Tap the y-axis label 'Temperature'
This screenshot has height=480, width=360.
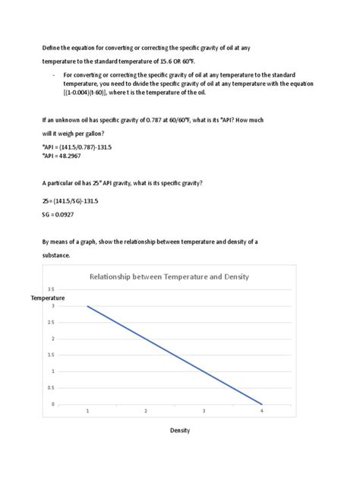(48, 298)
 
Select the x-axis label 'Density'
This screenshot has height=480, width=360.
(179, 431)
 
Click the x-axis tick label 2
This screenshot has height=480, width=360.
(146, 410)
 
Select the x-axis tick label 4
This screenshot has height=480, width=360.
(262, 410)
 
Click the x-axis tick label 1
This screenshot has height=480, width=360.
(87, 410)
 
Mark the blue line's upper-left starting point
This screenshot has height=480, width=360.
(87, 306)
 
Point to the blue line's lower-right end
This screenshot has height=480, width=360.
(262, 404)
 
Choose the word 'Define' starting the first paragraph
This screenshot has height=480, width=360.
(50, 48)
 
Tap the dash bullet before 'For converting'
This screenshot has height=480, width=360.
(53, 76)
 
